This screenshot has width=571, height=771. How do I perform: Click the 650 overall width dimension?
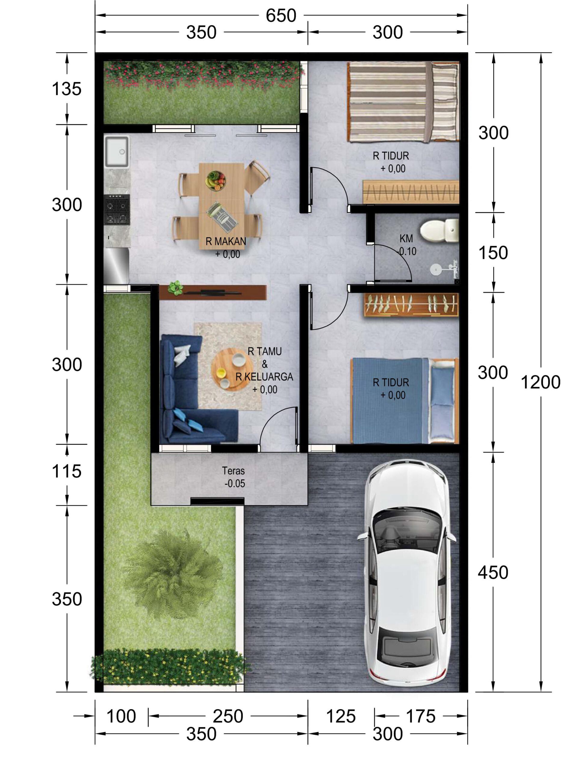pyautogui.click(x=281, y=16)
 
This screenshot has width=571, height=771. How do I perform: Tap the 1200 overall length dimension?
pyautogui.click(x=540, y=382)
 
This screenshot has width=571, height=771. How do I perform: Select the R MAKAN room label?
pyautogui.click(x=226, y=241)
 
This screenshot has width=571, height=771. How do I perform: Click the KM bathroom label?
pyautogui.click(x=406, y=239)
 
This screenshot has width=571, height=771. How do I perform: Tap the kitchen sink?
pyautogui.click(x=117, y=151)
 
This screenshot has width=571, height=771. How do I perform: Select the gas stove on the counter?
pyautogui.click(x=117, y=210)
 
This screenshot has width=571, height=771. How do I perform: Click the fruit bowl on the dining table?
pyautogui.click(x=216, y=180)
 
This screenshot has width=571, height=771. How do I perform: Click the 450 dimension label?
pyautogui.click(x=493, y=572)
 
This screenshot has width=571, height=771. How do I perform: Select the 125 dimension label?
pyautogui.click(x=341, y=716)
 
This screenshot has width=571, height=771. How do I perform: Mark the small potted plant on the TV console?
pyautogui.click(x=175, y=288)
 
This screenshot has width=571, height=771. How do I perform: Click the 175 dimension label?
pyautogui.click(x=420, y=716)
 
